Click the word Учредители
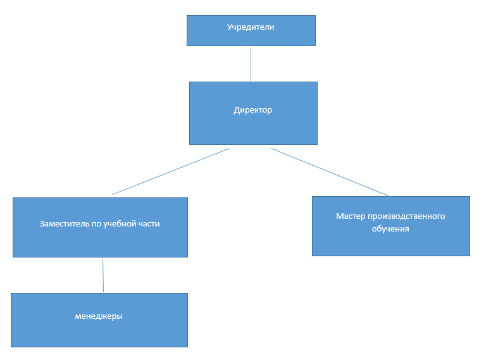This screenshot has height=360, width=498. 251,27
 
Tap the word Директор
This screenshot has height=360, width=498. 253,110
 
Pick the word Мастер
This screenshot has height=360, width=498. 351,216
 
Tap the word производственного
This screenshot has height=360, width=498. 406,216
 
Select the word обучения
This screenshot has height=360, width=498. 390,229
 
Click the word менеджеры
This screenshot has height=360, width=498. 99,316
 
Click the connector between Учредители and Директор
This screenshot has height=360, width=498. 251,65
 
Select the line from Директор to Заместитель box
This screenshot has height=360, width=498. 171,171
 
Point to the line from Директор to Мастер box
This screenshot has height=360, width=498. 330,172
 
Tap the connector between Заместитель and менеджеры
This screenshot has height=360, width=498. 103,275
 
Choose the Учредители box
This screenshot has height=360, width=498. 251,31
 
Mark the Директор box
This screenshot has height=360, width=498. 254,113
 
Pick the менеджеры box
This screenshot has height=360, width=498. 99,320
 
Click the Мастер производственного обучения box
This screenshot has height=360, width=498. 391,226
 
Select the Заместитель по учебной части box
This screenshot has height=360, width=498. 101,227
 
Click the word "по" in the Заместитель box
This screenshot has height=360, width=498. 97,224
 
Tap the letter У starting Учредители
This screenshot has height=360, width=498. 230,27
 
